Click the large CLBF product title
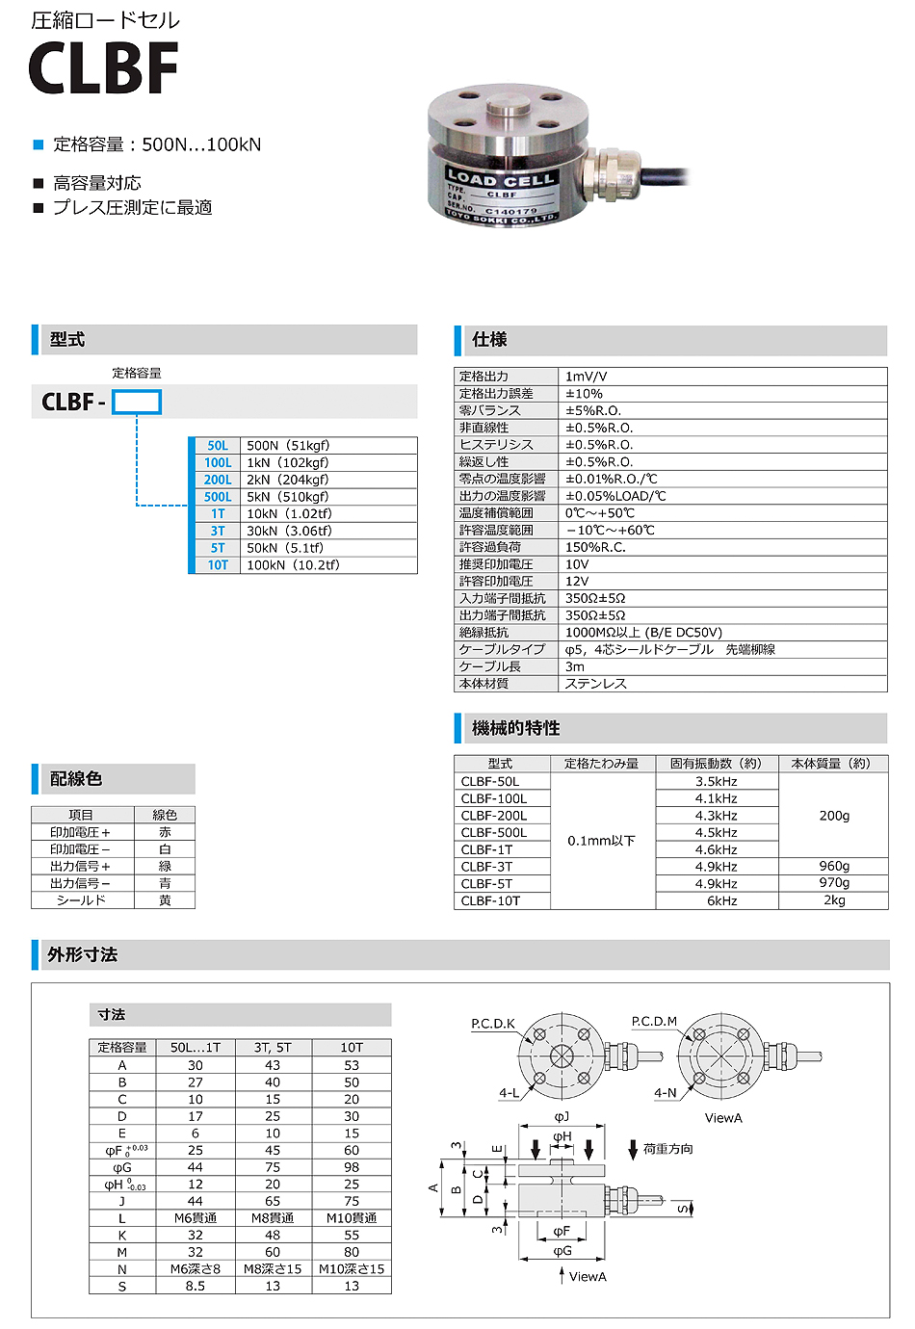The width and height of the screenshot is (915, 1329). click(x=103, y=68)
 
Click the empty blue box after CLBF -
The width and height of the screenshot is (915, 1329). click(x=137, y=402)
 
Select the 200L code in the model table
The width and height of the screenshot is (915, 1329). click(x=218, y=480)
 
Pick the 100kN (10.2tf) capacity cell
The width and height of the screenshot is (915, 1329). click(x=293, y=565)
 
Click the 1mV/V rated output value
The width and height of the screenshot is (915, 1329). click(x=586, y=377)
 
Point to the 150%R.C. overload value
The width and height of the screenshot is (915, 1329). click(x=595, y=547)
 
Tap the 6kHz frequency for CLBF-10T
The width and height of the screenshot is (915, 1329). click(x=721, y=900)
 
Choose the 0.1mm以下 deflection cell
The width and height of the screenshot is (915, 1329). click(x=601, y=841)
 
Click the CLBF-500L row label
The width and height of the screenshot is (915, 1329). click(x=493, y=833)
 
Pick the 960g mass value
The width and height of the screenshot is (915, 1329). click(x=834, y=866)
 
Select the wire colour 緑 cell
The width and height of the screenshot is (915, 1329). click(x=165, y=866)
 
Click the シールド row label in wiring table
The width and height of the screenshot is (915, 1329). click(x=81, y=900)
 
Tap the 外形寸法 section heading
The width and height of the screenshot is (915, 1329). click(x=83, y=954)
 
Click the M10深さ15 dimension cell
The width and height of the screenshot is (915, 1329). click(x=352, y=1269)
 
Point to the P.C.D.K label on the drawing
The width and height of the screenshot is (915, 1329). click(x=493, y=1024)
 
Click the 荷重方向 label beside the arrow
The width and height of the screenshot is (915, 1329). click(x=667, y=1149)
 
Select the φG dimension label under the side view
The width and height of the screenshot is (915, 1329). click(x=562, y=1251)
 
